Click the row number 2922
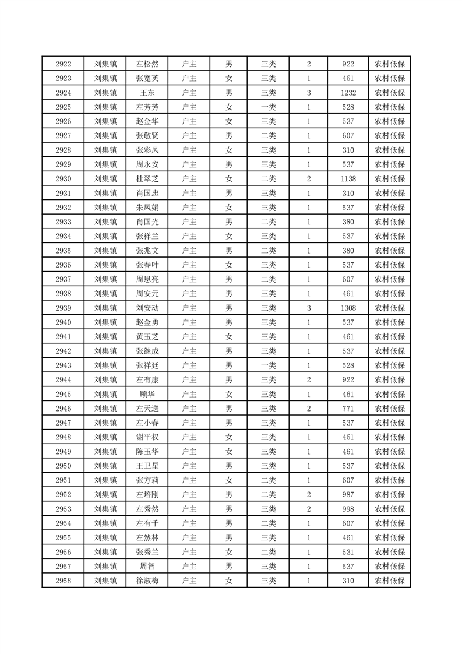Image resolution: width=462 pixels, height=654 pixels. coord(63,64)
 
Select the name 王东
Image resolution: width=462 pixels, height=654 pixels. coord(147,93)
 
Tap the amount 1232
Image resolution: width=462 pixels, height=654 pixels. coord(348,93)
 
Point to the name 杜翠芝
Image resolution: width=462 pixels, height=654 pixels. coord(147,179)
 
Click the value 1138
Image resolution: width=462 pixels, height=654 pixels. coord(348,179)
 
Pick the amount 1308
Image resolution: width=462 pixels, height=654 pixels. coord(348,308)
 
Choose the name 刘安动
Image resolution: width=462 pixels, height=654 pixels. coord(147,308)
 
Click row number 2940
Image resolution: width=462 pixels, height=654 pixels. coord(63,322)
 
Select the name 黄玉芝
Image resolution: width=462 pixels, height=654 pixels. coord(147,336)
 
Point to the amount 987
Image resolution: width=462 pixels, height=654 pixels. coord(348,494)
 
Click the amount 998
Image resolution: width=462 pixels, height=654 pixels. coord(348,509)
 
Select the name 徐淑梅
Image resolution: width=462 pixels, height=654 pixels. coord(147,581)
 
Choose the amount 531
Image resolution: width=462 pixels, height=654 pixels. coord(348,552)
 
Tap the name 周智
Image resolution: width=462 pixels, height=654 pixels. coord(147,566)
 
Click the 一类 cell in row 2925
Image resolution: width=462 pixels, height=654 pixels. coord(269,107)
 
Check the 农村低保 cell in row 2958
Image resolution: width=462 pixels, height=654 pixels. coord(389,581)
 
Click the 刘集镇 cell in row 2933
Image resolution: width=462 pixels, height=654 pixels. coord(105,222)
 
